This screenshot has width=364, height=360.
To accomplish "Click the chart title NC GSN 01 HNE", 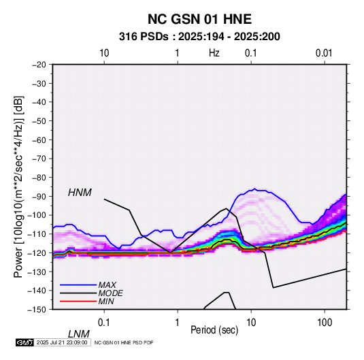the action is tap(199, 19).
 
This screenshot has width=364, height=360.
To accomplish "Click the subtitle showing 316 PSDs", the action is tap(199, 37).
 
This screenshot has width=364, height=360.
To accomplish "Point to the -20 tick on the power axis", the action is tap(39, 65).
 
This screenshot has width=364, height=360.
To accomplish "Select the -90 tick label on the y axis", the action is tap(39, 196).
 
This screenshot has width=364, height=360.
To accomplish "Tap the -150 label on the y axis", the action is tap(37, 310).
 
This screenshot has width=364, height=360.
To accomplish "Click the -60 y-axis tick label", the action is tap(39, 140).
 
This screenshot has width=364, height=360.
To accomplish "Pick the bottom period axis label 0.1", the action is tap(104, 323).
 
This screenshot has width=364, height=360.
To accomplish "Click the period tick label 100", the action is tap(325, 323).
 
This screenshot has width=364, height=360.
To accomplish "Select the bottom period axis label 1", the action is tap(178, 323).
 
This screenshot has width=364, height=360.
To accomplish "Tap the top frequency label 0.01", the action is tap(324, 53).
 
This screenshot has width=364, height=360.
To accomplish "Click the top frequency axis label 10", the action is tap(104, 53).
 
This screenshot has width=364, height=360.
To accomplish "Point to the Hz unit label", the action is tap(214, 53).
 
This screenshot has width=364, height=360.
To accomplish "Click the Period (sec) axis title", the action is tap(214, 330).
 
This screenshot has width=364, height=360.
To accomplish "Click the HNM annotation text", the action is tap(80, 193).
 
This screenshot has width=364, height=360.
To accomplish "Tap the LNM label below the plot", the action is tap(79, 334).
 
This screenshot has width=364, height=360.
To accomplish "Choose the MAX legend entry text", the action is tap(107, 285).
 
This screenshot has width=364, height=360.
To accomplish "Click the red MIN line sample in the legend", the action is tap(78, 301).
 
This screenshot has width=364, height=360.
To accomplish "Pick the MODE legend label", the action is tap(110, 293).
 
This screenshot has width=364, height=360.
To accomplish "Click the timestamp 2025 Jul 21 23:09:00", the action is tap(62, 342).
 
